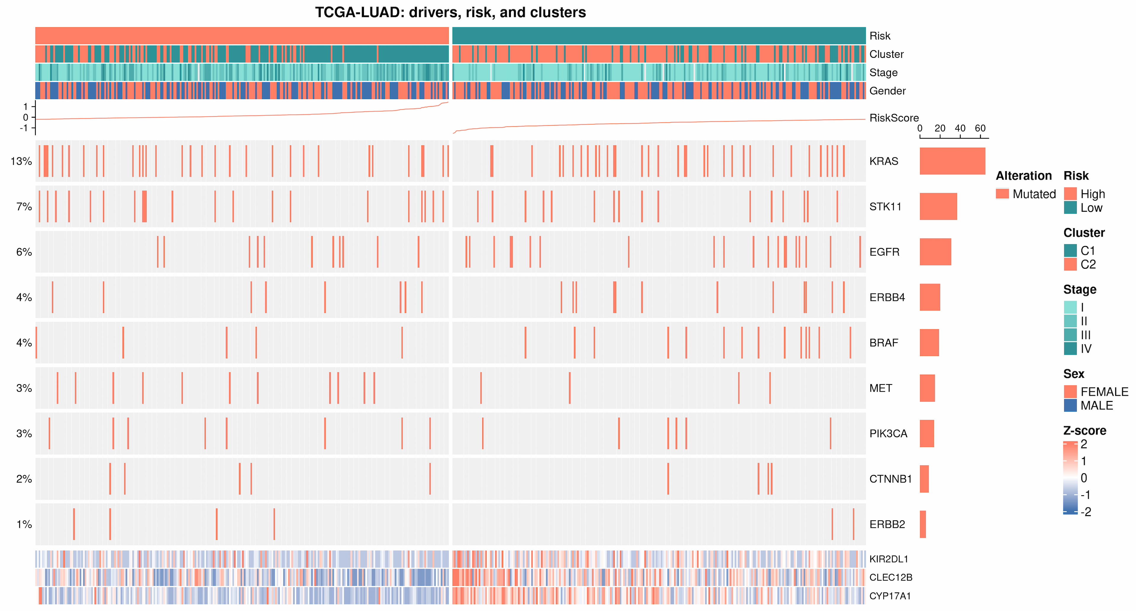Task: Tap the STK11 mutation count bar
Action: pos(938,206)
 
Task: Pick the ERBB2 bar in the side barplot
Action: pos(923,524)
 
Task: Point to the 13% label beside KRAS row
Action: pos(21,161)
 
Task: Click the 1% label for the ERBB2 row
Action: pos(24,524)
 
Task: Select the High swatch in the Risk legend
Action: pos(1070,194)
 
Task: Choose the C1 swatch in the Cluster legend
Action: pos(1070,250)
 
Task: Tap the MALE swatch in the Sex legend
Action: pos(1070,405)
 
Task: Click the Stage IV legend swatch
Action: pos(1070,348)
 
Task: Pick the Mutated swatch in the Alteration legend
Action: pos(1002,194)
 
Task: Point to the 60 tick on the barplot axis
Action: pos(980,128)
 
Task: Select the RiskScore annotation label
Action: pos(894,118)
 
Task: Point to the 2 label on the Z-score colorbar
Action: pos(1084,444)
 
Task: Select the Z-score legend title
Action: pos(1085,430)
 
